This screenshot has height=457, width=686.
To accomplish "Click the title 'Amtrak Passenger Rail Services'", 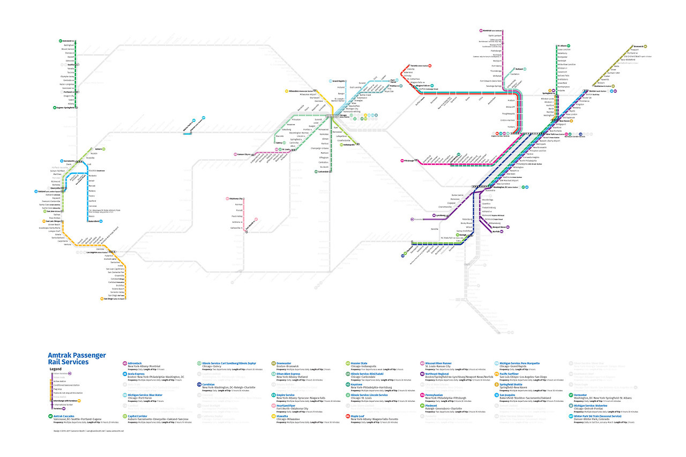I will (77, 359).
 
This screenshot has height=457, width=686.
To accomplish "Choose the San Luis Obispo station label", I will (52, 221).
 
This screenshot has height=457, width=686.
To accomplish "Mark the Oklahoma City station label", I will (236, 199).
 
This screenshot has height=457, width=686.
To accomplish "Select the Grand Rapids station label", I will (338, 80).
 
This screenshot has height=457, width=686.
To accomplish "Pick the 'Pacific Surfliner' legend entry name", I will (510, 374).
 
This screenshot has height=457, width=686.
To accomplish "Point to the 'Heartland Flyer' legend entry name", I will (288, 406).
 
